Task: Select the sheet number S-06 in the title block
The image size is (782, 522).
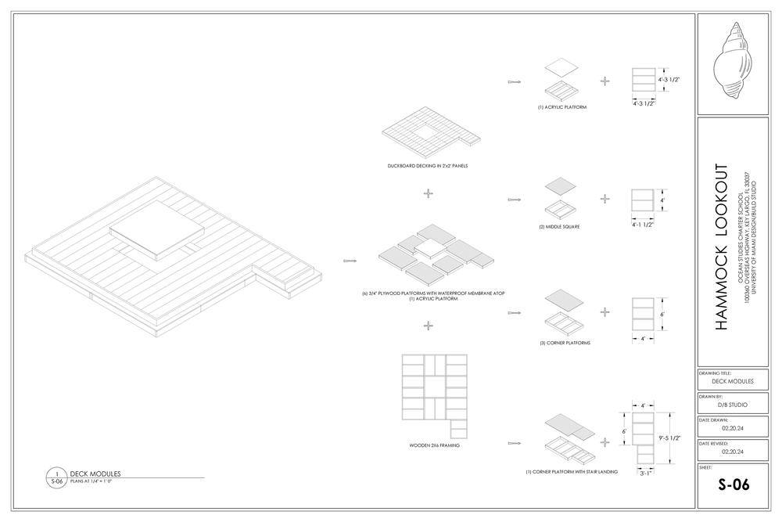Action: coord(734,484)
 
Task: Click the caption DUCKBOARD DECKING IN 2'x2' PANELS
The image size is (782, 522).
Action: coord(428,166)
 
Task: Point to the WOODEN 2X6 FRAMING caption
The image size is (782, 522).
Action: coord(434,445)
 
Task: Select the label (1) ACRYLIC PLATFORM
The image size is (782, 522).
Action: coord(561,106)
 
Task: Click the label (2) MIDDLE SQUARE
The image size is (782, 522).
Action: coord(561,227)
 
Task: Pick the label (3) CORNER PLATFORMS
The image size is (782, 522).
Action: coord(565,343)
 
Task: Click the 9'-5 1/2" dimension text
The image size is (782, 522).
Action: coord(671,438)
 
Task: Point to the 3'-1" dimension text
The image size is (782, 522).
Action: coord(645,473)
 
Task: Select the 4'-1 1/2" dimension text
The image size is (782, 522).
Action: coord(642,225)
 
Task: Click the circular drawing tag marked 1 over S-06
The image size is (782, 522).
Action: coord(56,477)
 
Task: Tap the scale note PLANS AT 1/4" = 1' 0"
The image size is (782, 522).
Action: coord(91,481)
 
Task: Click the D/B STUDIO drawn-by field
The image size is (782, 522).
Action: coord(734,405)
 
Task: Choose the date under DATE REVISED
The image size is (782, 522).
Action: coord(734,452)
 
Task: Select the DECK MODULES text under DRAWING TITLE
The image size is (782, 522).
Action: coord(734,381)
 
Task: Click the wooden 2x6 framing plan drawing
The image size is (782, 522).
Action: coord(434,395)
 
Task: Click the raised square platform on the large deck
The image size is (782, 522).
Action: coord(158,228)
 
